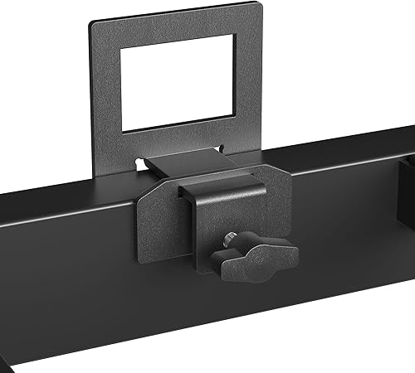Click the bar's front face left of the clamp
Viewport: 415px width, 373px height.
(x=66, y=274)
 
